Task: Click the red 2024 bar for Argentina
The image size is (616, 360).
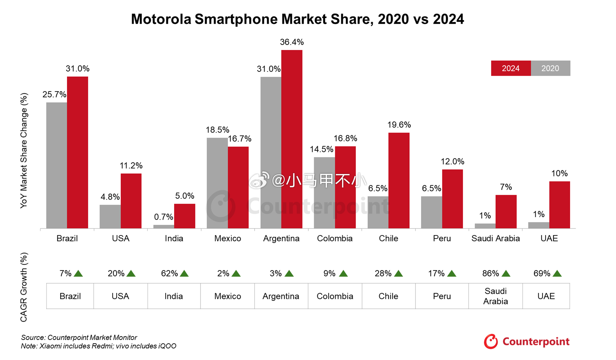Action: [292, 139]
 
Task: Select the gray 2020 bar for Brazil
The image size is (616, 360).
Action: [56, 165]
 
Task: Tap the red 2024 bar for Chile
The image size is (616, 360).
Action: [399, 181]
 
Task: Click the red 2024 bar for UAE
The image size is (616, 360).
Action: [560, 205]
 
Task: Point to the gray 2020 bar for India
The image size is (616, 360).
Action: [164, 226]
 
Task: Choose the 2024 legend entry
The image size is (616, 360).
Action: [511, 68]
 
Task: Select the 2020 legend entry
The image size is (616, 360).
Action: [550, 68]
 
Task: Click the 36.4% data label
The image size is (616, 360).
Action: [292, 42]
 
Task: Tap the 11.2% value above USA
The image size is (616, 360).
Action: [131, 166]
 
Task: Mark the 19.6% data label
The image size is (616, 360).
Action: [399, 125]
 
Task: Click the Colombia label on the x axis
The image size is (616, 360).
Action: [335, 238]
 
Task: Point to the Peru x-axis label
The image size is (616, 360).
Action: [442, 238]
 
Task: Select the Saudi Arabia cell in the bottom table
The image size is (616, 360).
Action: [495, 296]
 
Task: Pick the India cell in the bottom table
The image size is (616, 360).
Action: [173, 296]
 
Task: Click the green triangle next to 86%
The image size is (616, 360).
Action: [506, 274]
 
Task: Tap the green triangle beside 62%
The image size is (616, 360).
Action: [184, 274]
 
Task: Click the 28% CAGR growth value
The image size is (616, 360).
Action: [383, 274]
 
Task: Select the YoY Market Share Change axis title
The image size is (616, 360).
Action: [23, 151]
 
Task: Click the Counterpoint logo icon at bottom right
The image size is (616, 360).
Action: [491, 342]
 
